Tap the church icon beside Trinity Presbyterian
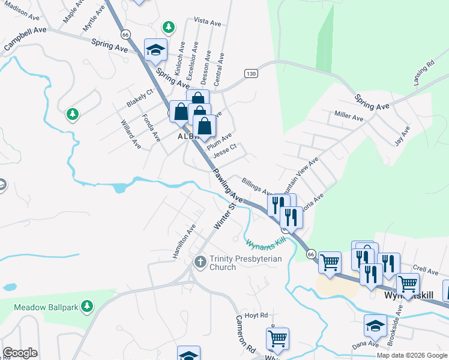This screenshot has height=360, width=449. [x=201, y=262]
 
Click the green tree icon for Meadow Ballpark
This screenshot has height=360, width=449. [x=87, y=307]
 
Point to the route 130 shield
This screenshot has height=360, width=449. [x=251, y=73]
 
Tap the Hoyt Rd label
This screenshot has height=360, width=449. [x=256, y=314]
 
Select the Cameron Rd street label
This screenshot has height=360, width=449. [x=246, y=334]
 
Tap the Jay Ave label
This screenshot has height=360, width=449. [x=402, y=136]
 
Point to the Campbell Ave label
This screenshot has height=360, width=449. [x=25, y=38]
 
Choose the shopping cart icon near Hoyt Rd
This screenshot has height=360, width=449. [x=277, y=339]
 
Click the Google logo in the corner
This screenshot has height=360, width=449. [x=20, y=353]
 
